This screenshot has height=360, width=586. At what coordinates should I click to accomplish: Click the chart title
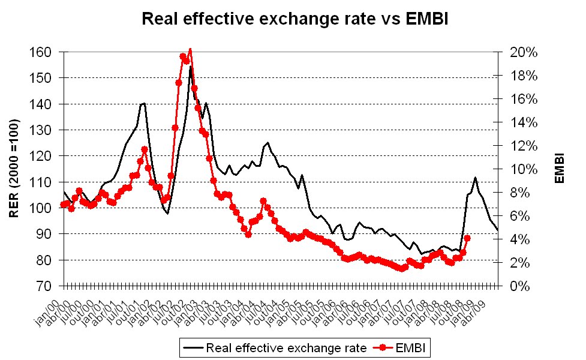[x=295, y=19]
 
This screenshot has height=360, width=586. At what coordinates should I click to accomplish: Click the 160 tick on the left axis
[x=40, y=52]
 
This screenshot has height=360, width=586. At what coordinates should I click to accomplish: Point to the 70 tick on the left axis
[x=44, y=286]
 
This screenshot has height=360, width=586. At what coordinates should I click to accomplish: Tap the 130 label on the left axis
[x=40, y=130]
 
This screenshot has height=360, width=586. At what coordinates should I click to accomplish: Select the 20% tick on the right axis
[x=524, y=52]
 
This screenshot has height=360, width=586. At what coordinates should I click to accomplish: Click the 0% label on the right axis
[x=520, y=286]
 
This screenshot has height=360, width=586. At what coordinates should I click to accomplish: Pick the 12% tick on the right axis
[x=524, y=146]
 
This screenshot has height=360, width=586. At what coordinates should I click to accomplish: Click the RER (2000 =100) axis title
[x=14, y=169]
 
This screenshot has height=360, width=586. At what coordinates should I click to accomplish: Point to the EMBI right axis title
[x=560, y=168]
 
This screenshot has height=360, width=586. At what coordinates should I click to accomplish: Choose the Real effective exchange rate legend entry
[x=275, y=348]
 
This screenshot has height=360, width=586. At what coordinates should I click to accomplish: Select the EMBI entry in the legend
[x=399, y=348]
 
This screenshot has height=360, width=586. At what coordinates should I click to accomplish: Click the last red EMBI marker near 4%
[x=467, y=238]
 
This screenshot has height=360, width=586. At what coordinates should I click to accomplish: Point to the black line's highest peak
[x=190, y=67]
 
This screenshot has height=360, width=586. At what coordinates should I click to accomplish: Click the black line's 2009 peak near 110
[x=475, y=178]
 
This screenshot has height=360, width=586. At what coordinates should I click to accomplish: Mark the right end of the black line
[x=497, y=230]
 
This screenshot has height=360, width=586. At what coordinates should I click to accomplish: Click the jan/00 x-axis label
[x=47, y=313]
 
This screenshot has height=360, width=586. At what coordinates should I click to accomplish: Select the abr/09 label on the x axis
[x=474, y=313]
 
